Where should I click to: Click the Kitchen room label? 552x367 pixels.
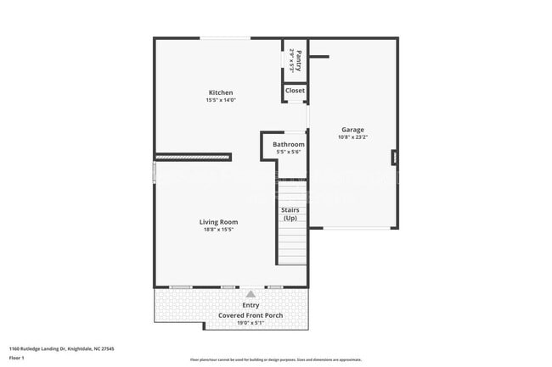point(221,92)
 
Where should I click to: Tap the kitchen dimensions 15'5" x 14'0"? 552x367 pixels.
point(221,100)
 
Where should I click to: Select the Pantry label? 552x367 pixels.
point(298,58)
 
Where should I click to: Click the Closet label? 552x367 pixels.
point(295,91)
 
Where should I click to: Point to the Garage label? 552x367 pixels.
point(352,130)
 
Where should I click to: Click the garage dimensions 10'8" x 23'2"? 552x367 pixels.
point(352,137)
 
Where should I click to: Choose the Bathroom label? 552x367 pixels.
point(288,144)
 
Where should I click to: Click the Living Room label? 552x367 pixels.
point(218,222)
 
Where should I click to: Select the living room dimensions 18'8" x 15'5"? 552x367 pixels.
point(218,230)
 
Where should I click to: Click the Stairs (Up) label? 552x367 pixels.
point(290,214)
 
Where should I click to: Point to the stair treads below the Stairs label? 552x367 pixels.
point(292,246)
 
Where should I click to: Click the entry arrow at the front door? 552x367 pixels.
point(250,294)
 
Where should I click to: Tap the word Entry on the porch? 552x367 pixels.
point(251,305)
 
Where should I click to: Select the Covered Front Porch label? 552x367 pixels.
point(251,314)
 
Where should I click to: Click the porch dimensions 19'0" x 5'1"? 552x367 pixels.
point(251,323)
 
